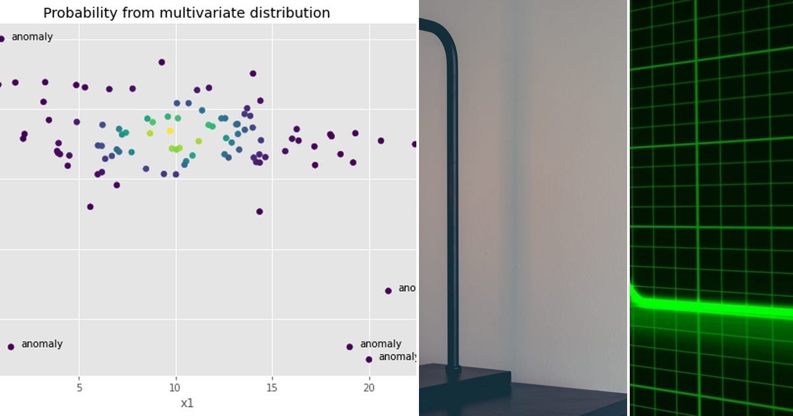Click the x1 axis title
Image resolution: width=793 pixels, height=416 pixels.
tap(187, 403)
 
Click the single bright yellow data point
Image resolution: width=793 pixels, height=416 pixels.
tap(170, 131)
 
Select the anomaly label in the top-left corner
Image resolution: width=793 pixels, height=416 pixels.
tap(32, 37)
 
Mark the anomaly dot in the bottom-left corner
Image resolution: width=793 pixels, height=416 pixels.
tap(11, 347)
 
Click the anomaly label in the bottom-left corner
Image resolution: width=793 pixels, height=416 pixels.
tap(42, 344)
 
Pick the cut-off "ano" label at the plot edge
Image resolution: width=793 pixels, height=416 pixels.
tap(406, 288)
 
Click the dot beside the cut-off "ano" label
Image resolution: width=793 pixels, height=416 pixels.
tap(388, 291)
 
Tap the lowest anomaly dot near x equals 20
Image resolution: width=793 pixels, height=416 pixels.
tap(369, 359)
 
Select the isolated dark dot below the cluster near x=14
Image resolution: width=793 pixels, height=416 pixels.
tap(260, 211)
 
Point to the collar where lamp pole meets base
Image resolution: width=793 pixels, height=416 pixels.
tap(453, 370)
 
